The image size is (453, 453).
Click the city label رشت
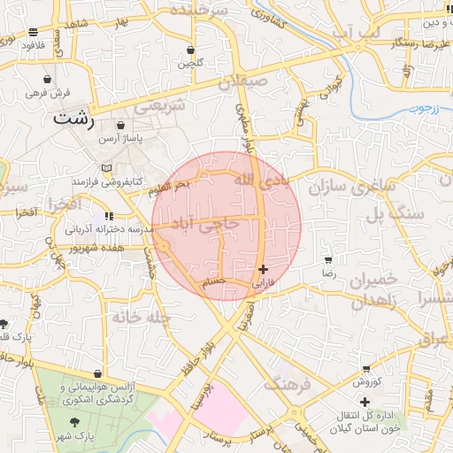click(72, 118)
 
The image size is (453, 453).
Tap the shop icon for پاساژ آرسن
click(120, 126)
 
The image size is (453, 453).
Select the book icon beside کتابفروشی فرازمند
click(107, 168)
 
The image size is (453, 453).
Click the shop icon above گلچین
click(191, 50)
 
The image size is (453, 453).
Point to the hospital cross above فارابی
click(263, 269)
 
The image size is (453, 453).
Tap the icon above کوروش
click(366, 368)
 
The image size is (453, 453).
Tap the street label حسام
click(215, 281)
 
